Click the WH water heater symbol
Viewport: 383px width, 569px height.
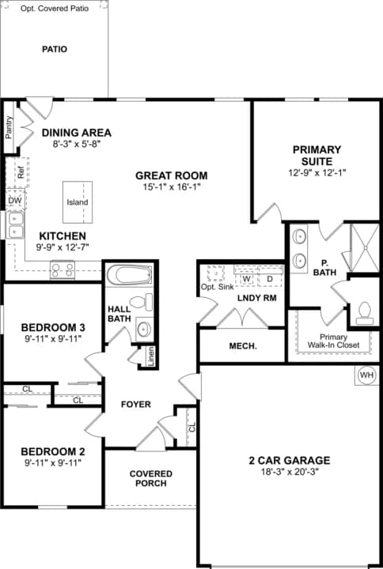[x=366, y=374]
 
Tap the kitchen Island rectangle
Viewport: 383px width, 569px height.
[x=78, y=202]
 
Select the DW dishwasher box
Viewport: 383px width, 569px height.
[x=15, y=201]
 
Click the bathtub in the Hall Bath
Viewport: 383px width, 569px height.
[x=129, y=276]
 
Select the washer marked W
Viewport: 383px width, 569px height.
[x=247, y=279]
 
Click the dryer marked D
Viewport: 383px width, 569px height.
[x=269, y=279]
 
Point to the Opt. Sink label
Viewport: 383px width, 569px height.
[x=216, y=286]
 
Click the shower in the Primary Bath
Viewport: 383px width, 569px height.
[x=364, y=247]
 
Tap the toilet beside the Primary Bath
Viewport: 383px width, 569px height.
[x=364, y=311]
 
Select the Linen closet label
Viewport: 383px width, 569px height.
[x=147, y=355]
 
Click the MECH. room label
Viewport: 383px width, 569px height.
[x=243, y=346]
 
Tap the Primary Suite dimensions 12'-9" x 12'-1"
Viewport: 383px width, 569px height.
[x=317, y=171]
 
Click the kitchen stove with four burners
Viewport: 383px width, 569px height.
[x=63, y=269]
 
